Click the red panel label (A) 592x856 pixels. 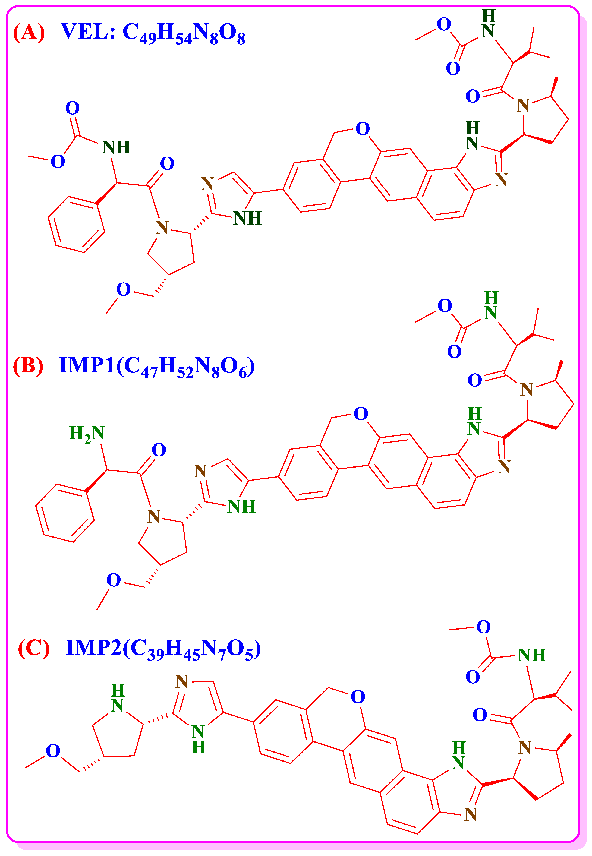pos(29,32)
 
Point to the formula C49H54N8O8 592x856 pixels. pos(184,33)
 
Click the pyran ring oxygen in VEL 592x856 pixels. pos(362,129)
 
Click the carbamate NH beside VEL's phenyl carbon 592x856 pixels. pos(116,148)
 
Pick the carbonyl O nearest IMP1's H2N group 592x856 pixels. pos(159,450)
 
